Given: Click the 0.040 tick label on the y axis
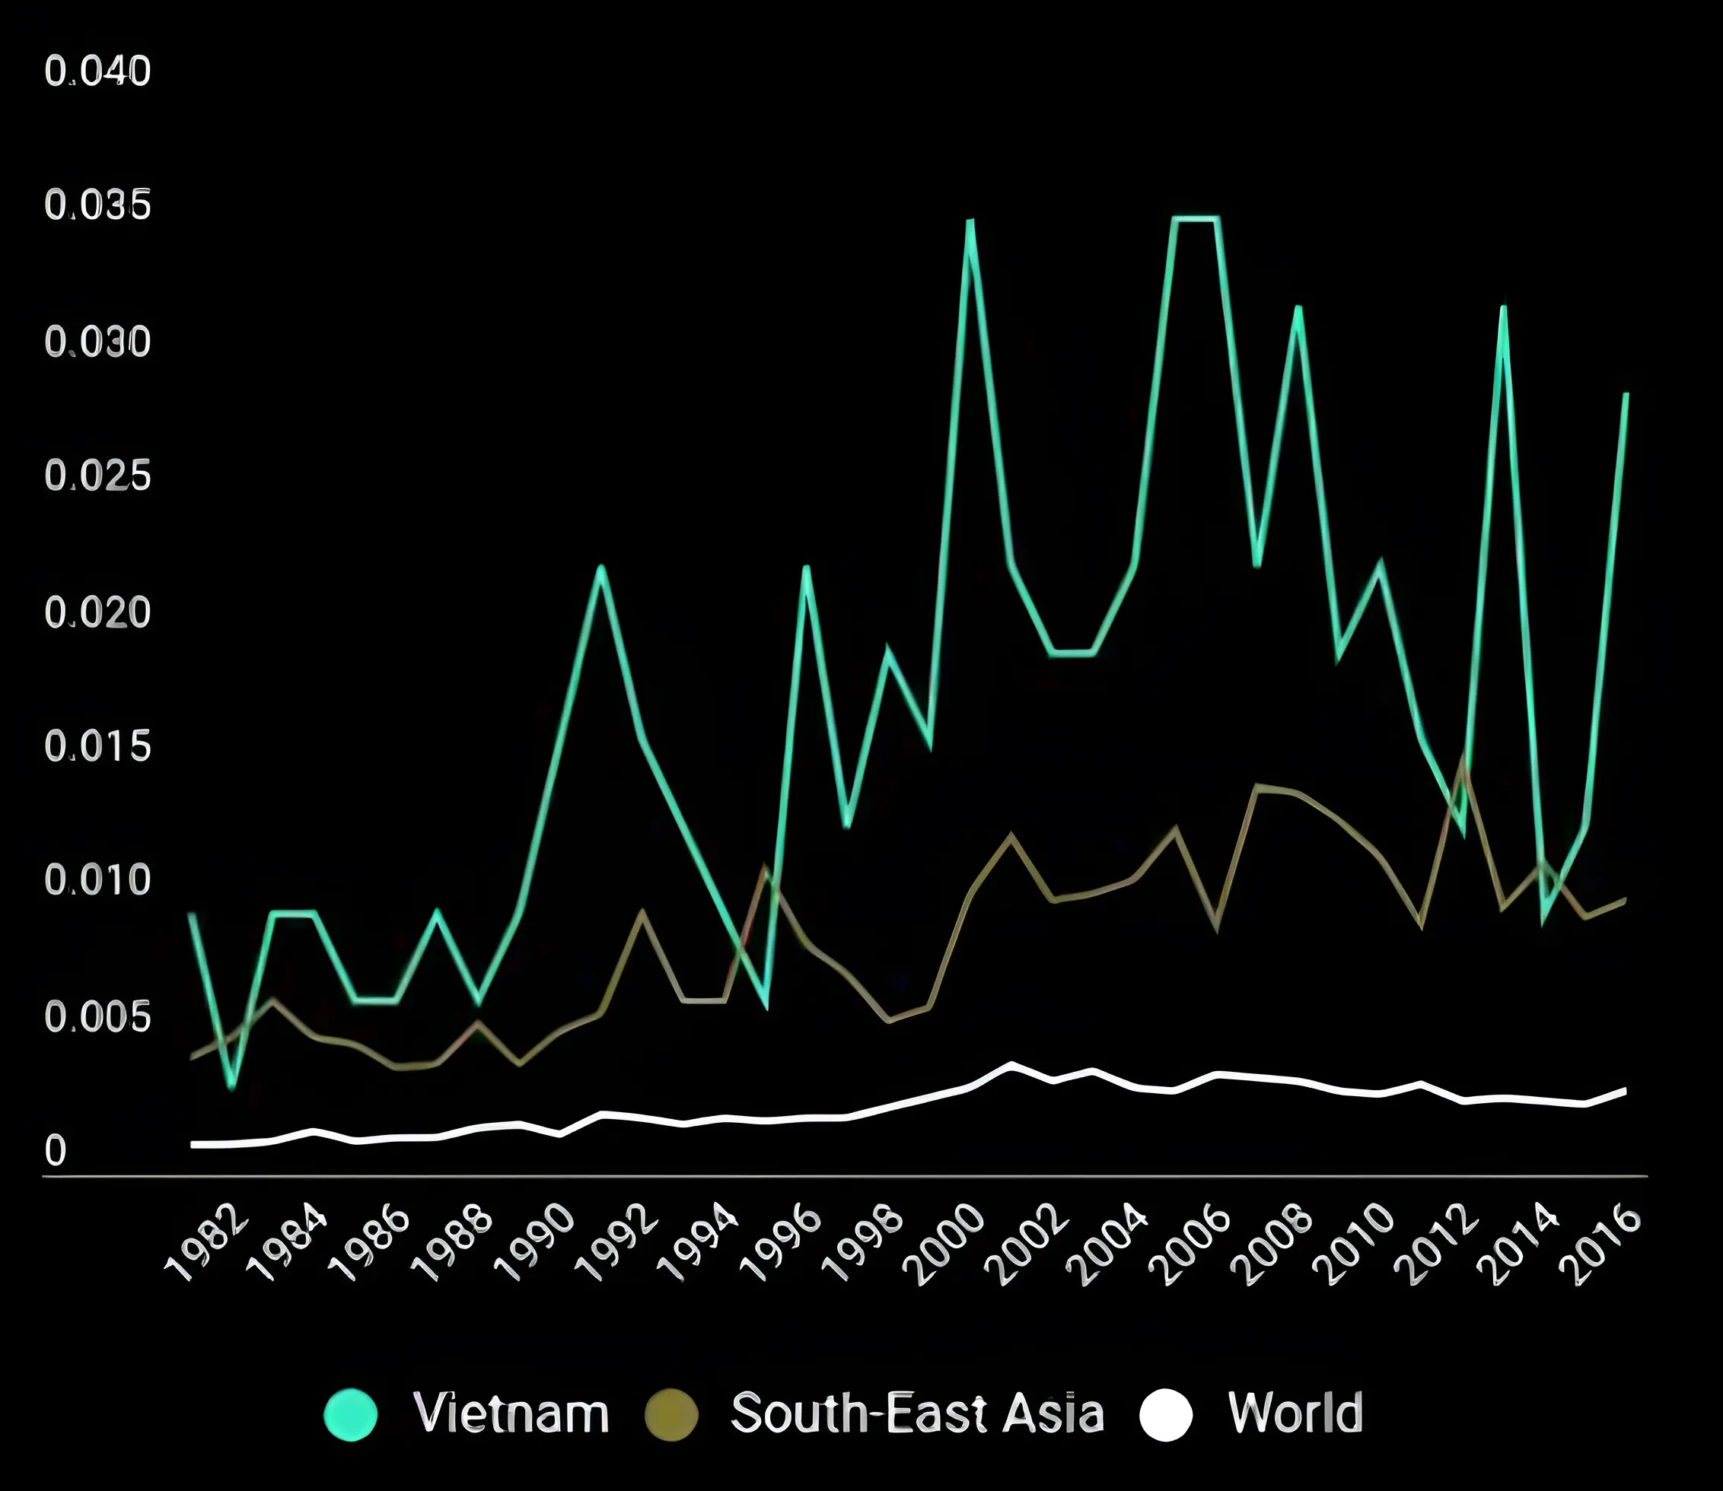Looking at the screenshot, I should (x=98, y=71).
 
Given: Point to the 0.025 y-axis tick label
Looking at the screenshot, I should (x=98, y=476).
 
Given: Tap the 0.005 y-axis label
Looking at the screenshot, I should (x=98, y=1017).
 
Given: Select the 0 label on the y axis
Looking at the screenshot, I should (x=55, y=1152).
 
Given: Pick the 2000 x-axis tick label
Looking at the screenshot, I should (x=945, y=1244).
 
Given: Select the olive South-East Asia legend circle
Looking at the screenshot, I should (x=672, y=1414).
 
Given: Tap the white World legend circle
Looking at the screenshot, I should (x=1165, y=1414).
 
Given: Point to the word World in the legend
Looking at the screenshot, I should (x=1295, y=1413).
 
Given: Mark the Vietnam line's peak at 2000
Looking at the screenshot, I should (x=970, y=221).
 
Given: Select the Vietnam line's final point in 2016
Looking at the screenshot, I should (x=1626, y=394).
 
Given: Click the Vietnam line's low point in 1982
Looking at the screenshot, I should (x=232, y=1086).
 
